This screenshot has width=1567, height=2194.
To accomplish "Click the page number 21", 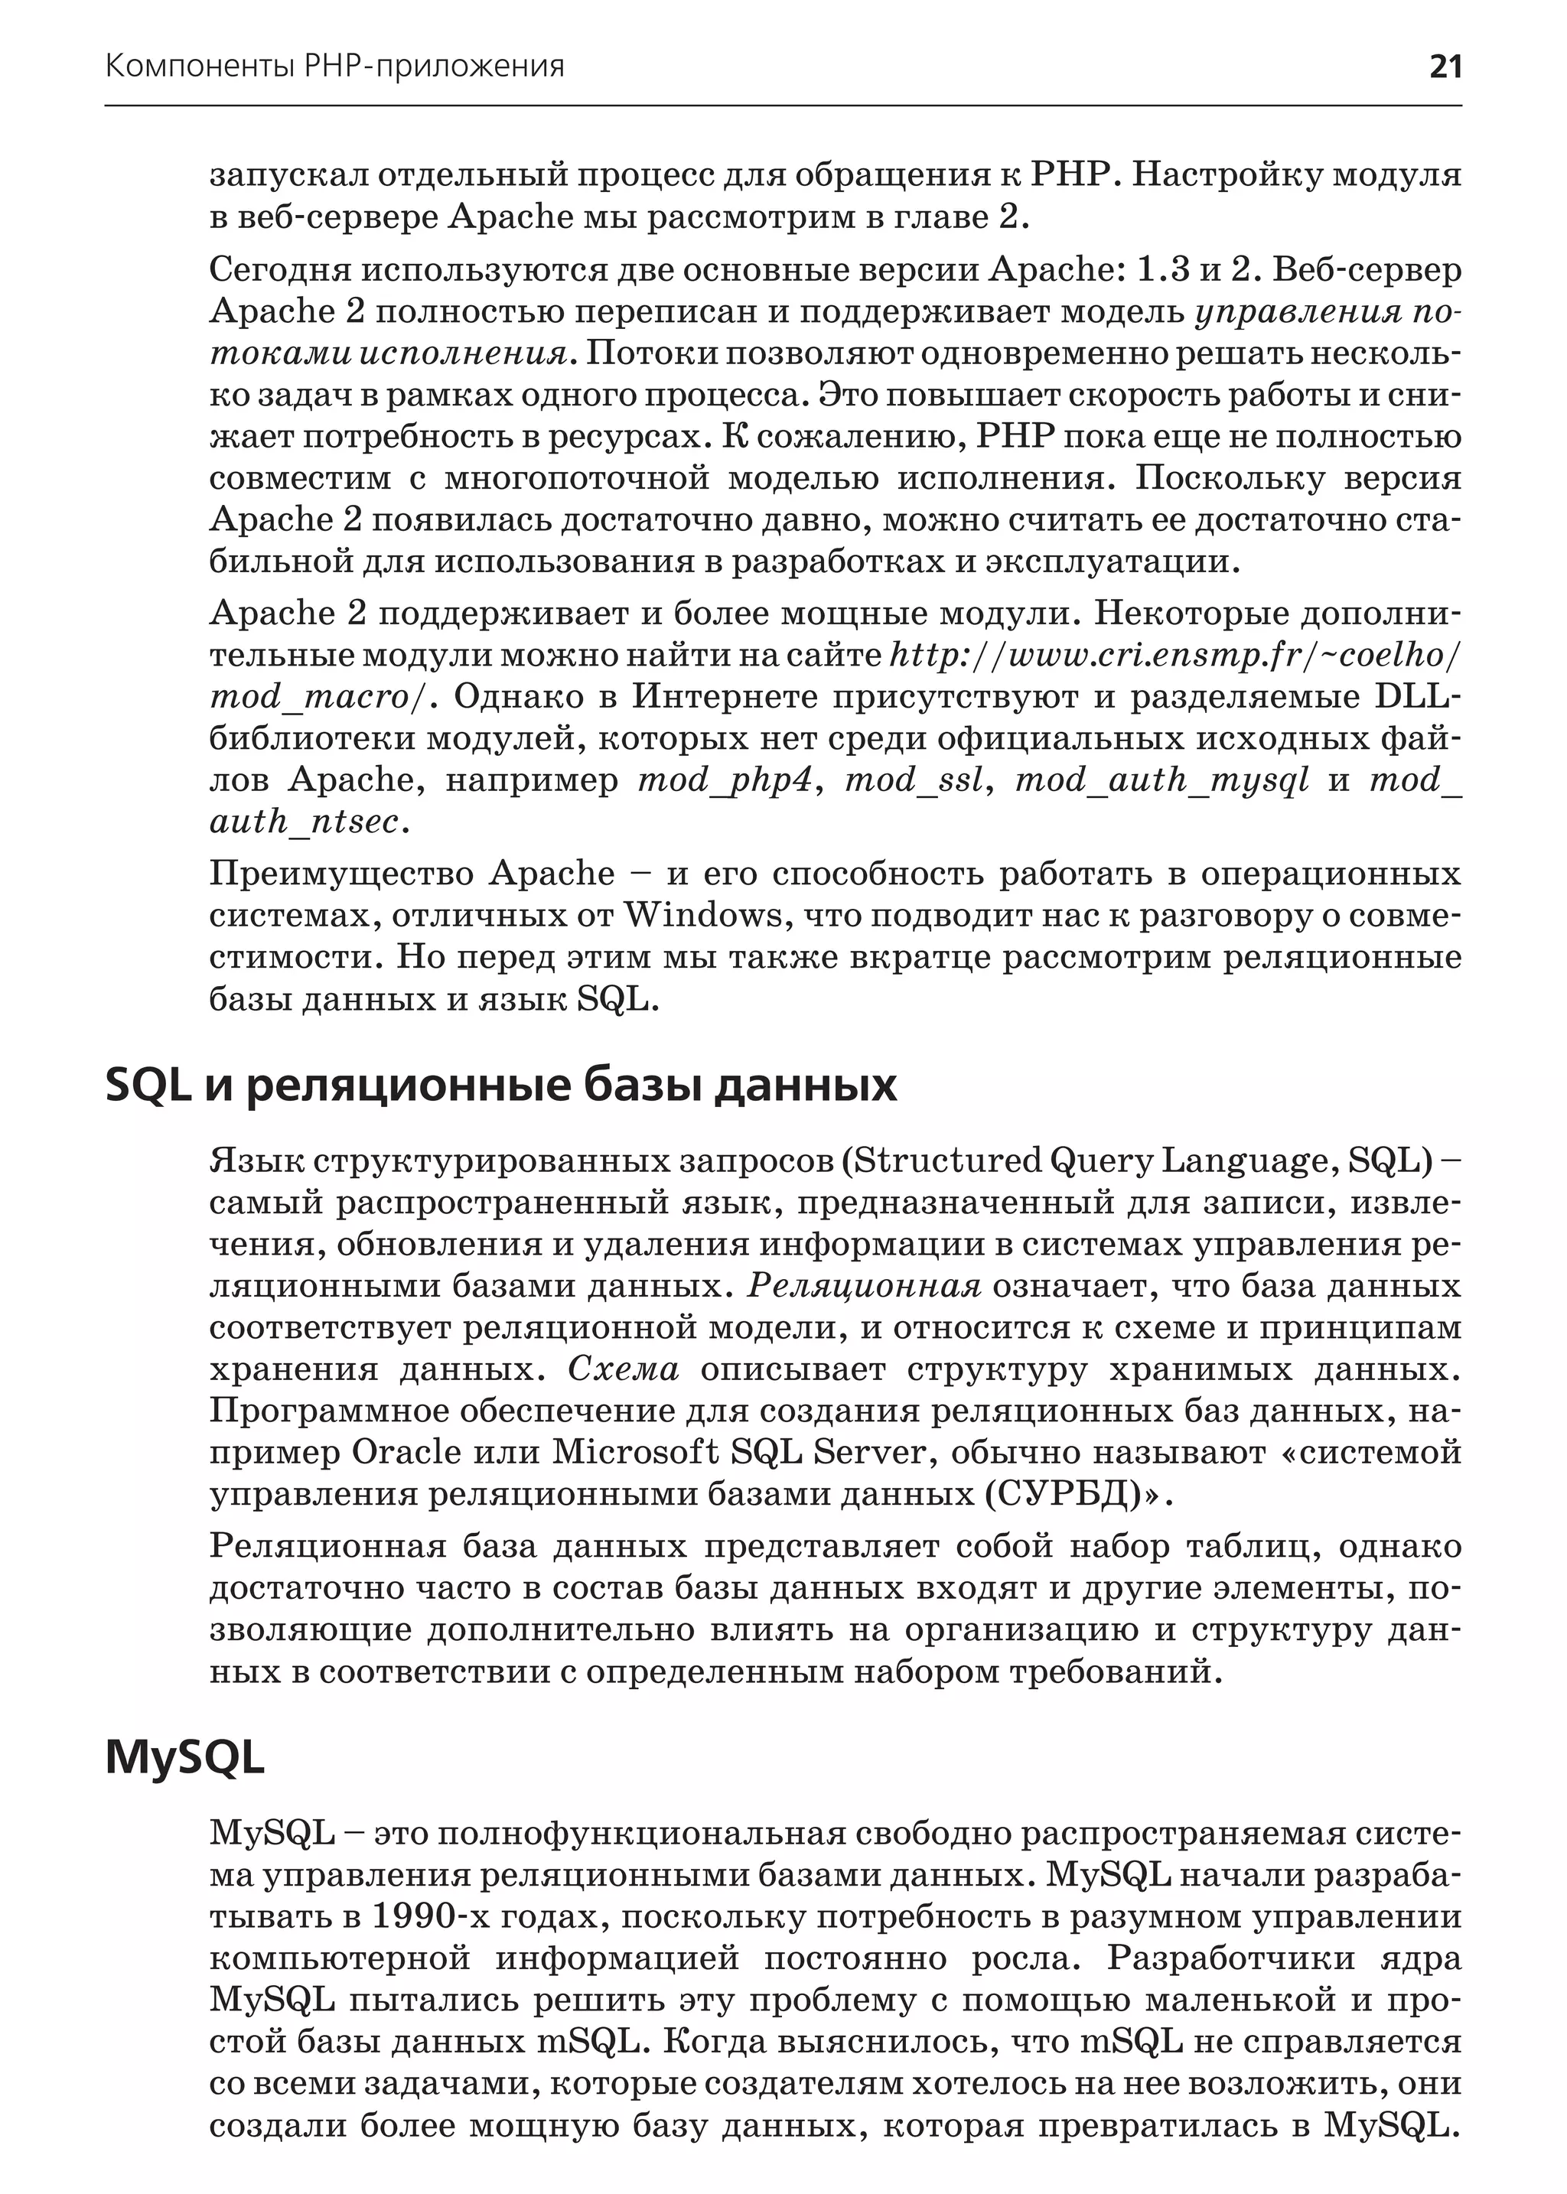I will (x=1445, y=67).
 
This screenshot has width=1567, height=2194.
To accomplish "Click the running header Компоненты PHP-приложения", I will (x=334, y=67).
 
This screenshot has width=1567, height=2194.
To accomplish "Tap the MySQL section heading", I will (x=184, y=1757).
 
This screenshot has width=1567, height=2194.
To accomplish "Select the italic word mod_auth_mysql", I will (x=1161, y=780).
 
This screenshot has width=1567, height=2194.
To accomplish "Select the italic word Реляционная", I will (x=865, y=1286).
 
